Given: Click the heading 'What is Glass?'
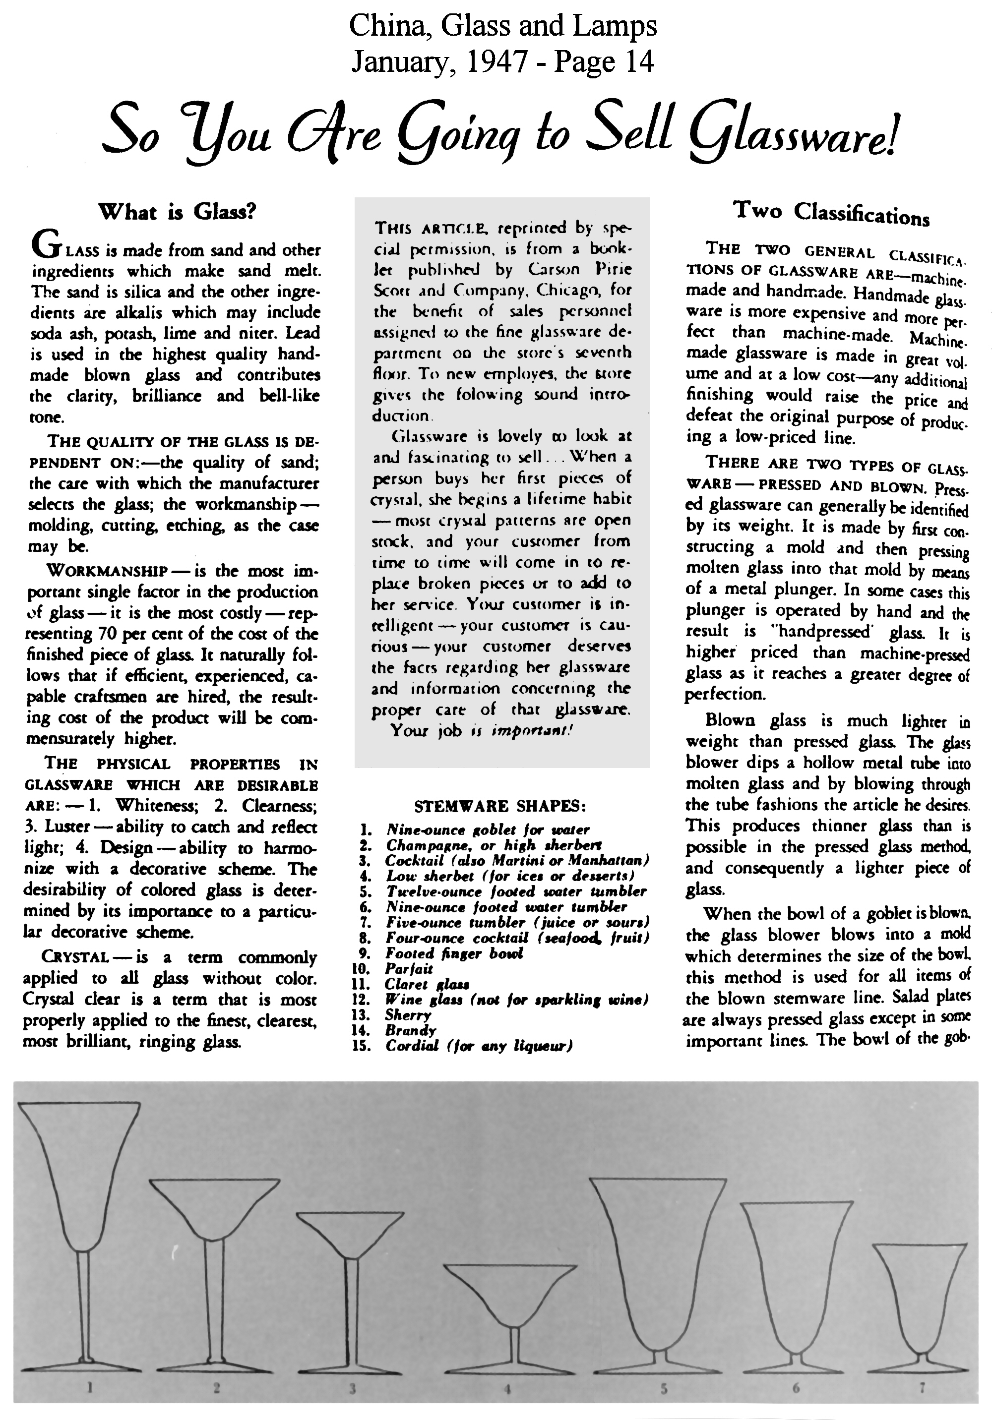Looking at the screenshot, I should [x=177, y=212].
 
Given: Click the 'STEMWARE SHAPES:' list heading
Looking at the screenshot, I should [x=499, y=807].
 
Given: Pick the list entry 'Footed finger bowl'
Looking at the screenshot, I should [x=454, y=953].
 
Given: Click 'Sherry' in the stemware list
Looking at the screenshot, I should [x=408, y=1015].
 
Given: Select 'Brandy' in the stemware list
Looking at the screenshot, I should [x=410, y=1030].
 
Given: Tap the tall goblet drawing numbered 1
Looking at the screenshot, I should [x=80, y=1212].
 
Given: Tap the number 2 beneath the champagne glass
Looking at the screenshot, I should [x=217, y=1388].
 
